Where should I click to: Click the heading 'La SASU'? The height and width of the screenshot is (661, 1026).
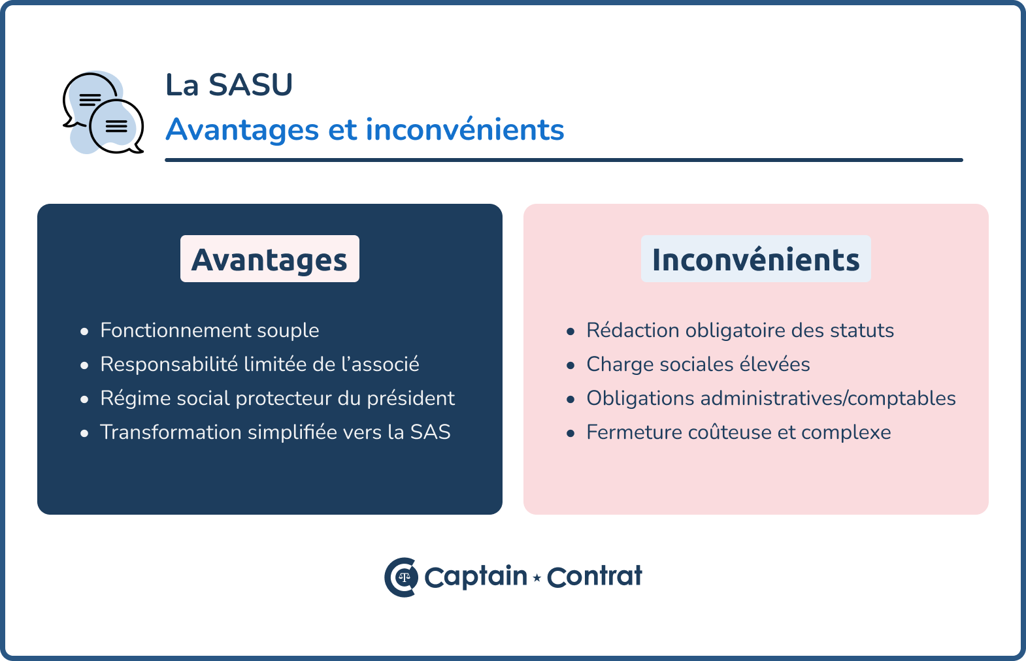(229, 86)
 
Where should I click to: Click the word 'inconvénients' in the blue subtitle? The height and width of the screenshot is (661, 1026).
(465, 130)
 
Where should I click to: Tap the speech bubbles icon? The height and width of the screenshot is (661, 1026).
(103, 113)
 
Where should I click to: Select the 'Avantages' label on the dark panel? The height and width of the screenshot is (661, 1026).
(269, 259)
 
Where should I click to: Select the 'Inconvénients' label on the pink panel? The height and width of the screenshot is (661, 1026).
(755, 259)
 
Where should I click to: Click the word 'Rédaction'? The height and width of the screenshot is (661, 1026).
(633, 330)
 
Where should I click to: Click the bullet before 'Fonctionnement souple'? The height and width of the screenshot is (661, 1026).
(84, 332)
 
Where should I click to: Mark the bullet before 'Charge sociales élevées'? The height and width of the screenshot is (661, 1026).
(571, 366)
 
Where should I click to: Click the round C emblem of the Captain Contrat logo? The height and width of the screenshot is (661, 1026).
(401, 577)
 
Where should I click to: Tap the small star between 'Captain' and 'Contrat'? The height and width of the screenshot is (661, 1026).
(537, 578)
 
